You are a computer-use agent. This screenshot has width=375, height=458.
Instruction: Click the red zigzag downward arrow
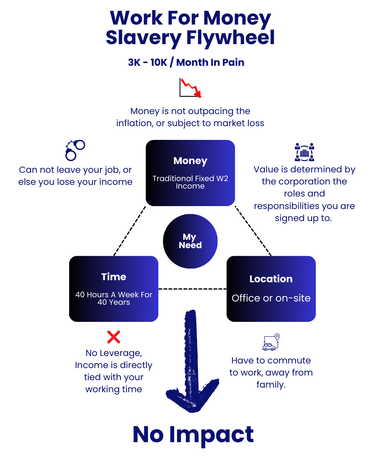(191, 87)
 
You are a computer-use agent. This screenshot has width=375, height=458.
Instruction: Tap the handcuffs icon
(75, 150)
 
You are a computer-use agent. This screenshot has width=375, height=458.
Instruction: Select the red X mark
(113, 337)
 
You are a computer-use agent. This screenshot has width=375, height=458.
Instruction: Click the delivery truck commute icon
(271, 342)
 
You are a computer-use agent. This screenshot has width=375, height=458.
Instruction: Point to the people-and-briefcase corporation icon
(304, 152)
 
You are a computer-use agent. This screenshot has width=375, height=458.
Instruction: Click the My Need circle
(190, 241)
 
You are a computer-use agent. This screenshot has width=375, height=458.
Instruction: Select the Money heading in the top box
(190, 161)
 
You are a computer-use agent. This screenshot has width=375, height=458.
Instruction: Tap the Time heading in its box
(113, 277)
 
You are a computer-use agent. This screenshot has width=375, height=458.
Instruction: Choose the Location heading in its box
(271, 279)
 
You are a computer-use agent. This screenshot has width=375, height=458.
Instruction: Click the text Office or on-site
(271, 298)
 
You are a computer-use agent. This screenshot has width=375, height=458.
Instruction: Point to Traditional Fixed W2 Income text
(190, 182)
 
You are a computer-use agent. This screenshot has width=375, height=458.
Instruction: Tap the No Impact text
(193, 434)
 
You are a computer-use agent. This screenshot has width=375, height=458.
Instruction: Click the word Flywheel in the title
(230, 37)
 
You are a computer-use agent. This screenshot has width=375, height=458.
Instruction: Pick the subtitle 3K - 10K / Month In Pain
(186, 62)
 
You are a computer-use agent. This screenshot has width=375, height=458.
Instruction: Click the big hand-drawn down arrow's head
(192, 396)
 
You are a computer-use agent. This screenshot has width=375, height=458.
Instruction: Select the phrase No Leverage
(113, 353)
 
